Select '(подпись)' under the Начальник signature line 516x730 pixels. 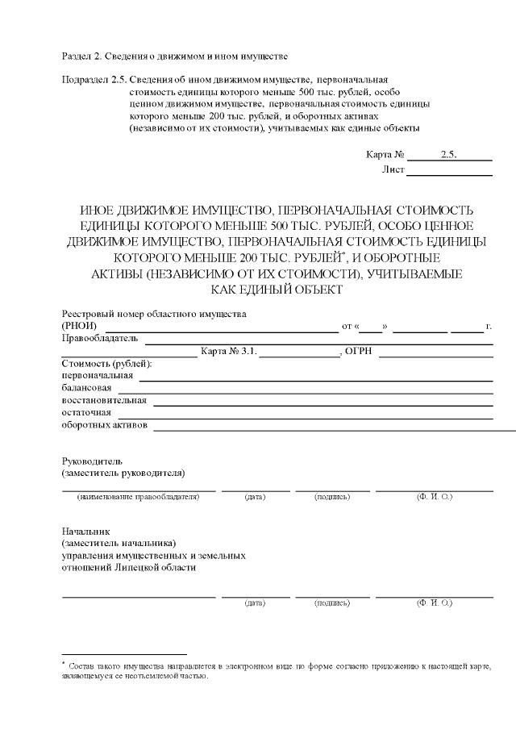pyautogui.click(x=331, y=603)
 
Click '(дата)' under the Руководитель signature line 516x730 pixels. pyautogui.click(x=255, y=497)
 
